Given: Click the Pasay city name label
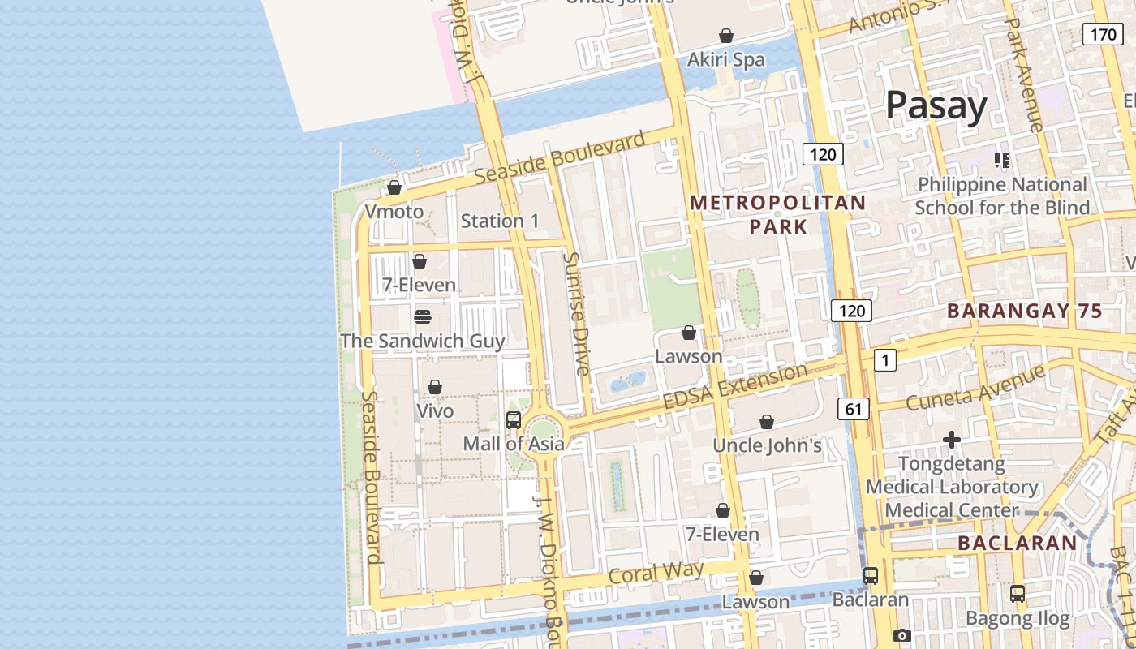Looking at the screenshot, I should (936, 105).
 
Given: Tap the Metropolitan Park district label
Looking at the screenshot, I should (778, 214).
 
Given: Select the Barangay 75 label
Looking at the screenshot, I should (1025, 311).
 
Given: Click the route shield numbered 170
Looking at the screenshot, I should (1102, 34).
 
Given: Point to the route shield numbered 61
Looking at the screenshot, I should (853, 410).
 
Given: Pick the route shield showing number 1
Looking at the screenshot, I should (884, 360).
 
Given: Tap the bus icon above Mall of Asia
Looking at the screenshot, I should (513, 420).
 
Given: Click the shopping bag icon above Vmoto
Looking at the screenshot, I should (394, 187).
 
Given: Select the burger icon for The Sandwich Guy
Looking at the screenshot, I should (422, 316).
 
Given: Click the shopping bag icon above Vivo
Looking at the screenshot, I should (435, 387).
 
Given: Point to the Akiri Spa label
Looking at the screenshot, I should (725, 59).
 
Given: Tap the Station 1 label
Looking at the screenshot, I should (499, 221).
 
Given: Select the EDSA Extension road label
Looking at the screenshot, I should (735, 388).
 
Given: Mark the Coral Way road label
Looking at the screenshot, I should (656, 573).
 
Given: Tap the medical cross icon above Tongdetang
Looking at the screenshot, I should (952, 441).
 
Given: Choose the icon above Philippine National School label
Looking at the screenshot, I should (1002, 161).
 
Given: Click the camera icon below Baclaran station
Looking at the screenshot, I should (901, 635).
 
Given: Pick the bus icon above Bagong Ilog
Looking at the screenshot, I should (1018, 593).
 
